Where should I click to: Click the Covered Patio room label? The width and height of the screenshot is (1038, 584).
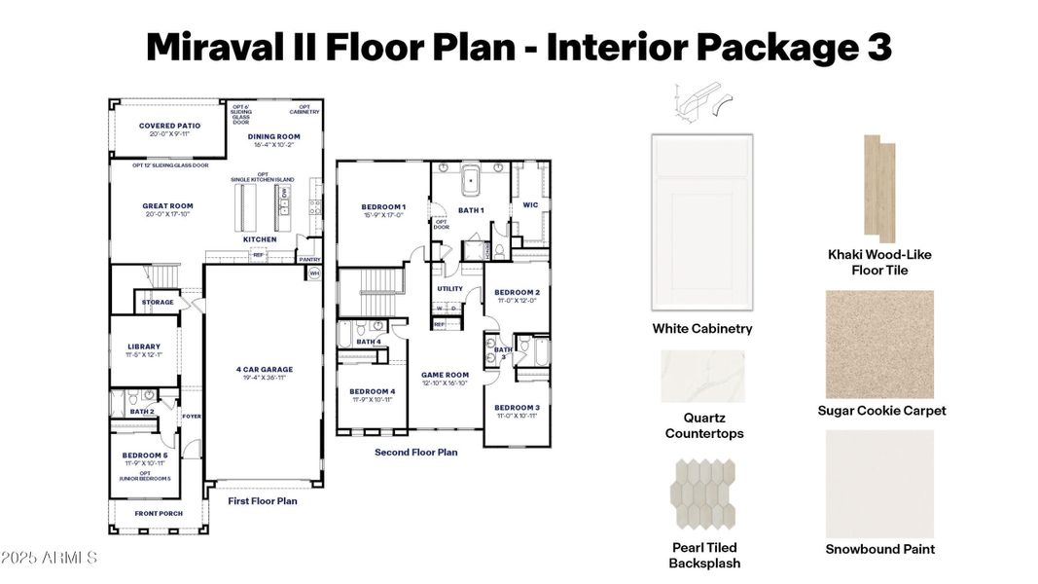point(169,126)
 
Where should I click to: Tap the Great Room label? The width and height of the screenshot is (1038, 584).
point(167,206)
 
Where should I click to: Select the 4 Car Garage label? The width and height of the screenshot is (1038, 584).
point(264,369)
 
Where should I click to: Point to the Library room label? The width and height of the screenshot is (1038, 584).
point(144,347)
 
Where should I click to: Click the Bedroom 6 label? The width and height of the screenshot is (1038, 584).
point(144,455)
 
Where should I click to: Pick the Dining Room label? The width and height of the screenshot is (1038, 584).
point(273,136)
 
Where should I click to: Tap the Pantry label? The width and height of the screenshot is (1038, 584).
point(309,260)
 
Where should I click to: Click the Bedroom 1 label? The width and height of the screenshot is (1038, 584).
point(383,207)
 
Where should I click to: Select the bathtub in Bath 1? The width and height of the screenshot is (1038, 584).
point(472,181)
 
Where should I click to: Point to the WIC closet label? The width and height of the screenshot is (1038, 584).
point(530,205)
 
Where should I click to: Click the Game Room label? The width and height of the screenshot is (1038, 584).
point(445,375)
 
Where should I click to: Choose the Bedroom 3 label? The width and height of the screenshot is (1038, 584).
point(517,407)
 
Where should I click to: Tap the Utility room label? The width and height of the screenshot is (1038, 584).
point(449,289)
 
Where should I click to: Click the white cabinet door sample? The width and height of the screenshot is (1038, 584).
point(701,223)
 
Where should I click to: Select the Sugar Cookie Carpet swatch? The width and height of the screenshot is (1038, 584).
point(879,343)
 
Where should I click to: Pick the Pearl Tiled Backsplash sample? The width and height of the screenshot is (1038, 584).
point(703,495)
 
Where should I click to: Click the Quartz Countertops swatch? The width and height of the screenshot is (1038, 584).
point(702,376)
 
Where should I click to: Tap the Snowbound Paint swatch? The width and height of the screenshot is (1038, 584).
point(879,481)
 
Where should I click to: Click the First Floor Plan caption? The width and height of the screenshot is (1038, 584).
point(263,501)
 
